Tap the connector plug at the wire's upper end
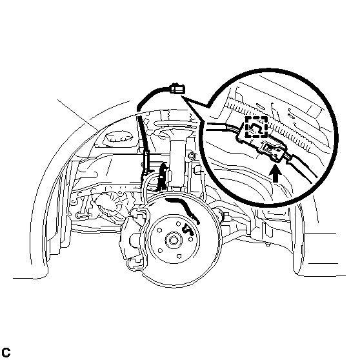(x=177, y=89)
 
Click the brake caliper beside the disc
(x=133, y=239)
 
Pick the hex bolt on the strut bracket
(x=191, y=156)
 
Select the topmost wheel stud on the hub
(x=178, y=223)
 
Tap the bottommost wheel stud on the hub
(x=179, y=256)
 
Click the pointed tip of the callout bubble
(x=181, y=97)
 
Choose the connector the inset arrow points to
(x=273, y=150)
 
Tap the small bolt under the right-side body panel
(x=268, y=245)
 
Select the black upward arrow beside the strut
(x=163, y=176)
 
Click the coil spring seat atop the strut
(x=175, y=125)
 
